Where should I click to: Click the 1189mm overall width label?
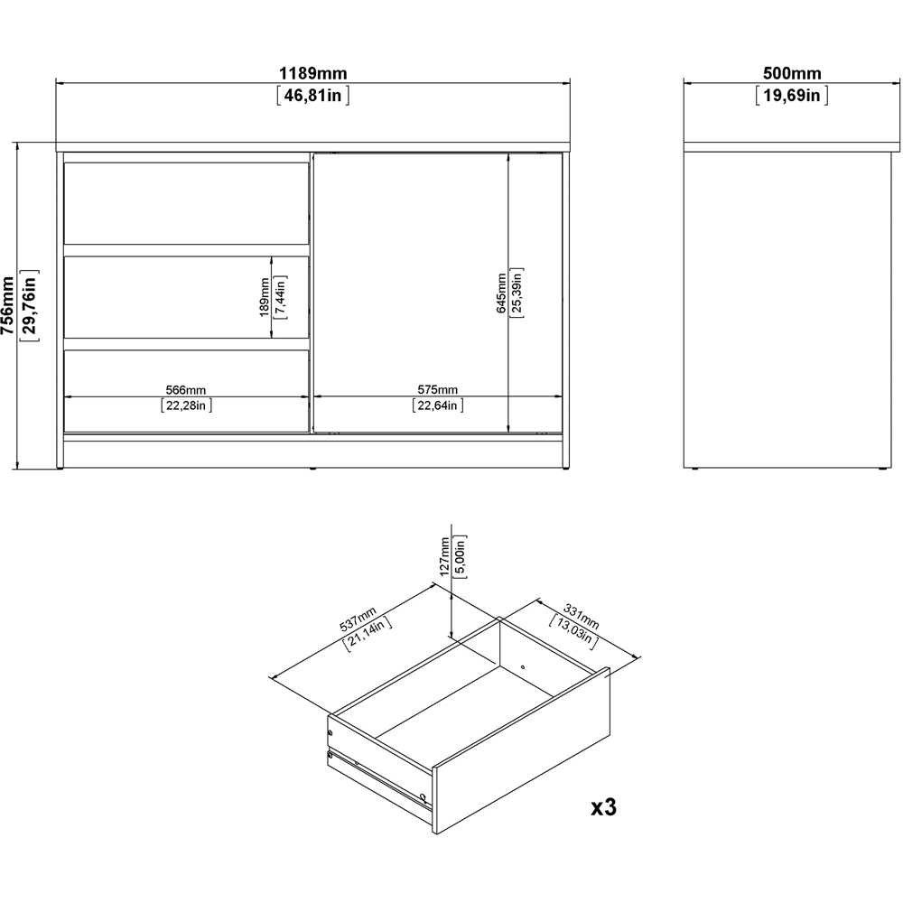[x=313, y=73]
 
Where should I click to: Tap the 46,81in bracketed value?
[x=312, y=95]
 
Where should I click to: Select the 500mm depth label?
[x=792, y=73]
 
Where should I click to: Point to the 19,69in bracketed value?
[x=792, y=95]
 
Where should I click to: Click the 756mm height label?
[x=7, y=305]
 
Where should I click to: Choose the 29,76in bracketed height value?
[x=30, y=305]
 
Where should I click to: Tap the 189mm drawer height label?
[x=265, y=297]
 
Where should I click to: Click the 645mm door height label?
[x=501, y=293]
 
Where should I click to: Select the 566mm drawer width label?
[x=185, y=390]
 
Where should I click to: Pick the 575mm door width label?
[x=438, y=390]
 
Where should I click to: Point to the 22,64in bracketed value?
[x=438, y=405]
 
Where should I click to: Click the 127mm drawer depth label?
[x=444, y=556]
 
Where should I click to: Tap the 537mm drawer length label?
[x=358, y=619]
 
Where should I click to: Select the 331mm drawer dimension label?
[x=581, y=616]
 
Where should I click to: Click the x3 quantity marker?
[x=603, y=807]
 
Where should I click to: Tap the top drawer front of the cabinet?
[x=187, y=203]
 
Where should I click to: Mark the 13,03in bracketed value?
[x=573, y=632]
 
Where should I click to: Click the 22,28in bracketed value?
[x=186, y=405]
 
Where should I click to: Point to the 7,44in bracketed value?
[x=281, y=297]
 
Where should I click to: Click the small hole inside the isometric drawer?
[x=523, y=667]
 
